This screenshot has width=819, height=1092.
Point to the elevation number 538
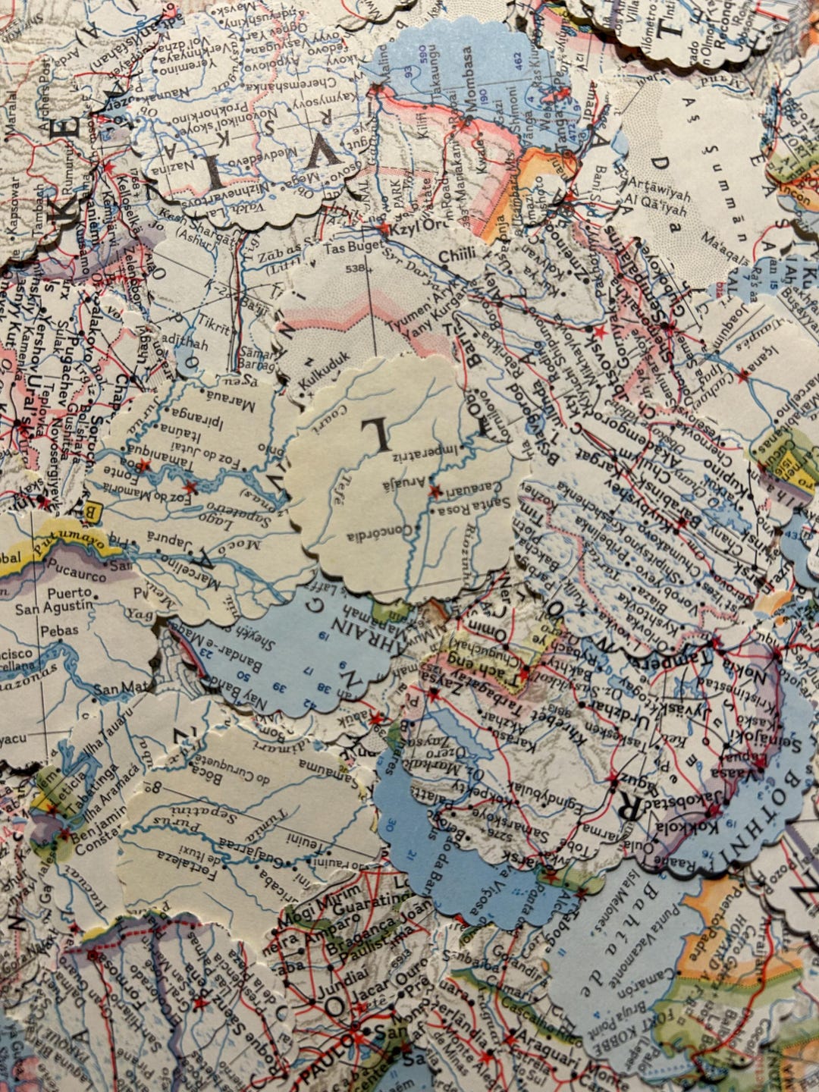353,268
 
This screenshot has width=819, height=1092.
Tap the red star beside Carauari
435,491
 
